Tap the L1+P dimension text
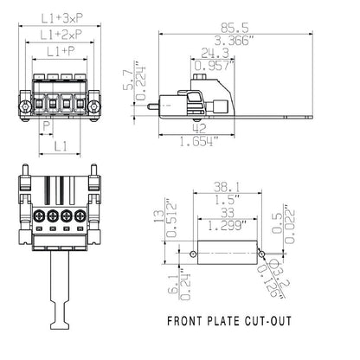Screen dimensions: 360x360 62,54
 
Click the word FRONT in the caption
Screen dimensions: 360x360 186,322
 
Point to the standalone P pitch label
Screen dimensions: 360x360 47,124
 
